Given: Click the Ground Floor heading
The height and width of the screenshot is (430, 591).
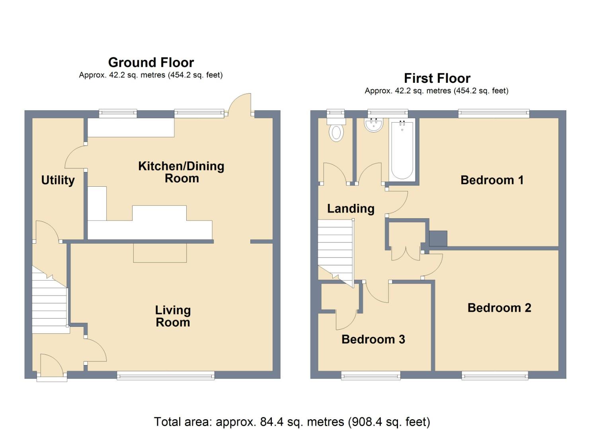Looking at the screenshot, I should coord(151,63).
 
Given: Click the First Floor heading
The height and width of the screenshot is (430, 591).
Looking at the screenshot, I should coord(437,78).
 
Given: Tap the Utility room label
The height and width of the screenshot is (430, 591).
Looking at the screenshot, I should coord(58,180).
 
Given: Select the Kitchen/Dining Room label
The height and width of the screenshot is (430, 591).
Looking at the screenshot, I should coord(181,172).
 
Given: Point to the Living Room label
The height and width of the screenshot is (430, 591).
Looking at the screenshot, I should coord(173,316).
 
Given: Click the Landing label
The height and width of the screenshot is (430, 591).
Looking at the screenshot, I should coord(351,209).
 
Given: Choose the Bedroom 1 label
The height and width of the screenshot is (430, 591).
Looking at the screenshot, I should coord(492,180).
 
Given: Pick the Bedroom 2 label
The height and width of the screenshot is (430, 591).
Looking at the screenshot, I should coord(499,308).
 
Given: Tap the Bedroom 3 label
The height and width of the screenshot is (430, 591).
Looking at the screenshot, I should coord(373,339).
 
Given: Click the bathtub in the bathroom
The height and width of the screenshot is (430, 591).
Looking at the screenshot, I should coord(402,150).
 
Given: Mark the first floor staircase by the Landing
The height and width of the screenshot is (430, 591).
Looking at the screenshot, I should coord(335,249).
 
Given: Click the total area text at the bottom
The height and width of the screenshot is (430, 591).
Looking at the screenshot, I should coord(292,422).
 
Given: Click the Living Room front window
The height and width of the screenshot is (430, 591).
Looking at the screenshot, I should coord(166,375).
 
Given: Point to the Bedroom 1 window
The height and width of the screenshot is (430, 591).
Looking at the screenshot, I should coord(493,114).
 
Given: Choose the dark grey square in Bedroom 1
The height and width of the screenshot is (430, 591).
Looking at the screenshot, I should coord(438,238).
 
